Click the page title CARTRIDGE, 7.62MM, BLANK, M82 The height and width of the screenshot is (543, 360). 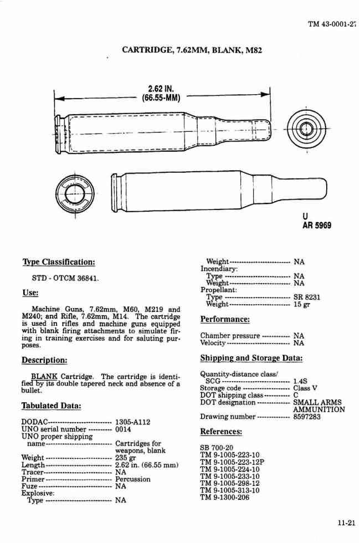point(191,50)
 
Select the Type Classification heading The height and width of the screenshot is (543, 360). point(58,262)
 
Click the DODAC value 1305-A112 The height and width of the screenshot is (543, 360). point(134,422)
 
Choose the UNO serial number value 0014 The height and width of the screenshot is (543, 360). point(123,429)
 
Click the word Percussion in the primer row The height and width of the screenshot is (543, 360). point(133,479)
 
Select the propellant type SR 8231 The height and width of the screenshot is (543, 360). point(307,297)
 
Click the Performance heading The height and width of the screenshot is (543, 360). point(225,320)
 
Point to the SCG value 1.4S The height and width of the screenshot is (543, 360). point(301,381)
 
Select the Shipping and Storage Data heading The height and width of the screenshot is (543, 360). point(251,358)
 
